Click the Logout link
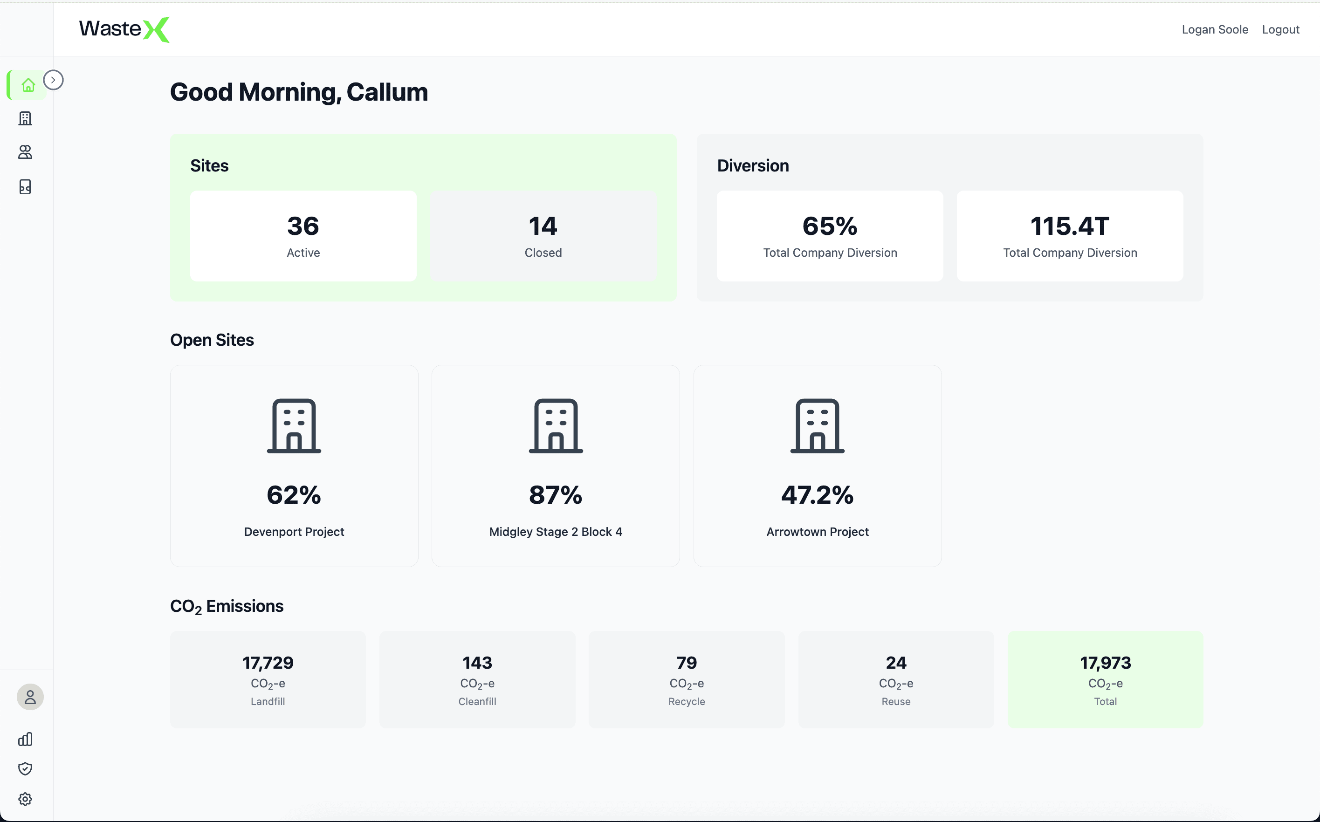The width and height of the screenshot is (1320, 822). tap(1280, 29)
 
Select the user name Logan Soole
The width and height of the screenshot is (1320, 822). tap(1215, 29)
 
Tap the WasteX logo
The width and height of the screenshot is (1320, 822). tap(124, 29)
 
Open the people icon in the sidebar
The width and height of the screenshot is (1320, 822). tap(25, 152)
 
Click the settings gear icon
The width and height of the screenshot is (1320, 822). tap(25, 799)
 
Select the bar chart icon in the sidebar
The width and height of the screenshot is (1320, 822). tap(25, 739)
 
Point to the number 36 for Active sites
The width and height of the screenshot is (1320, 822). tap(303, 226)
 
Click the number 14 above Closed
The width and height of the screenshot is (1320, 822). tap(543, 226)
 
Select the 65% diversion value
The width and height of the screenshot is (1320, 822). tap(830, 226)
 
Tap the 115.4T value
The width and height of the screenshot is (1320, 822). tap(1069, 226)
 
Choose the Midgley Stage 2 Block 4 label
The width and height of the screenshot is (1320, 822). tap(555, 532)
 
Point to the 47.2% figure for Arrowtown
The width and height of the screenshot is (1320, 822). tap(817, 495)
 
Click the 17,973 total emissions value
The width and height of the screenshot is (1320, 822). tap(1105, 663)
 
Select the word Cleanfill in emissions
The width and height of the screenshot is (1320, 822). tap(477, 701)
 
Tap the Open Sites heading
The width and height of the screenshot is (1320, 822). tap(212, 340)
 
